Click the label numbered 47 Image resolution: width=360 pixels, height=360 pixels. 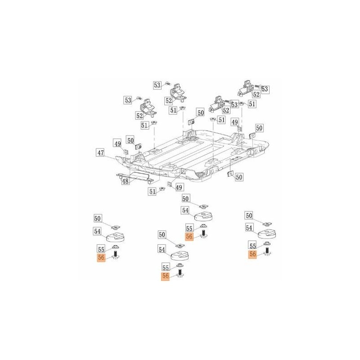click(x=101, y=153)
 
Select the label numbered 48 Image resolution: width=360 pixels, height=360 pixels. click(x=126, y=181)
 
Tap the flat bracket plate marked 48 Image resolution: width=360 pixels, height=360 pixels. click(x=135, y=178)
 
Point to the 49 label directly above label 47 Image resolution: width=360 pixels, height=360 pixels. click(x=118, y=144)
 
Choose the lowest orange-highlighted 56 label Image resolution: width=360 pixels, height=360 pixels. click(x=166, y=276)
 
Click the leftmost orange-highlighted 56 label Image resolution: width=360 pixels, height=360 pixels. click(x=101, y=257)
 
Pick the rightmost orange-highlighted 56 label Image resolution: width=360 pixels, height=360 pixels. click(x=253, y=254)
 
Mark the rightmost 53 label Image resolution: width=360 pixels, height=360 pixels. click(x=265, y=89)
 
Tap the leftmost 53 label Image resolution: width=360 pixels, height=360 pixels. click(x=128, y=100)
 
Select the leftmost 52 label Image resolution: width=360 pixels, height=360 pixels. click(x=139, y=116)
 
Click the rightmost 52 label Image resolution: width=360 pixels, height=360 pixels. click(x=256, y=94)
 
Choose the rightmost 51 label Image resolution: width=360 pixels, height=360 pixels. click(x=252, y=104)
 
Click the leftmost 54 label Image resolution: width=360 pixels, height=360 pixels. click(x=97, y=231)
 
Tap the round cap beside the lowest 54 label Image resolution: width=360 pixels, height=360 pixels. click(x=180, y=255)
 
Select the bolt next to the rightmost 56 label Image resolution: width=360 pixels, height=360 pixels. click(x=267, y=251)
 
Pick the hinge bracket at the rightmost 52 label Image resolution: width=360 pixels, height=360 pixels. click(x=245, y=89)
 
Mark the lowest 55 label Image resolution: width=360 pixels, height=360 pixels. click(x=166, y=267)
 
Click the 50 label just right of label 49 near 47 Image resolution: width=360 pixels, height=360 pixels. click(x=130, y=140)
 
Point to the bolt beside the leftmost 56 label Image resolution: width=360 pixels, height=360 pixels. click(x=116, y=255)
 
